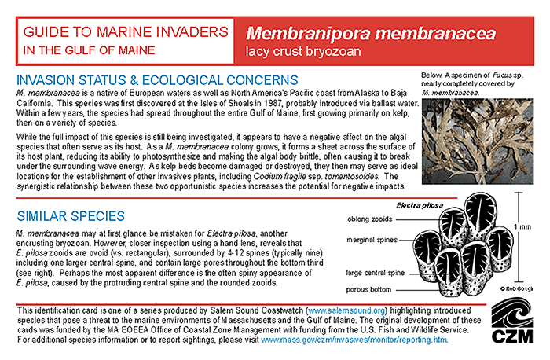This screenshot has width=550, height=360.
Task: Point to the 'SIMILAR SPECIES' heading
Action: pos(69,215)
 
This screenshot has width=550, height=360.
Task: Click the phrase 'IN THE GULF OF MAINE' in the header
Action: pos(88,51)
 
